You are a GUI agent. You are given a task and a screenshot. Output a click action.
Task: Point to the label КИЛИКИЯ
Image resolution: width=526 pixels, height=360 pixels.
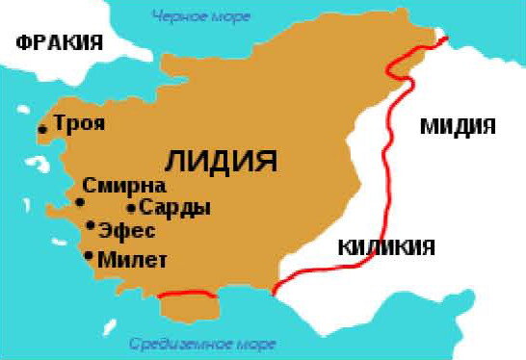coord(385,247)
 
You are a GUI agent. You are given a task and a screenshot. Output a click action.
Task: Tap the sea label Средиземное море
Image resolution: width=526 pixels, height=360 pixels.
coord(202,344)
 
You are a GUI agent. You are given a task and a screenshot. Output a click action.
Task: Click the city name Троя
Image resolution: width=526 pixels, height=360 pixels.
coord(79,124)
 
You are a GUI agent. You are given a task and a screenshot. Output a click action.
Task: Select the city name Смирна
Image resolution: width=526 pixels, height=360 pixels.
coord(124,186)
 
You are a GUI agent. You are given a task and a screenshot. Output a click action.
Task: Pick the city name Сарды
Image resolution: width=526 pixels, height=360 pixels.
coord(174,207)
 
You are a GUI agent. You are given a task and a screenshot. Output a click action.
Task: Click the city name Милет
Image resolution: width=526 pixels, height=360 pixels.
coord(133,259)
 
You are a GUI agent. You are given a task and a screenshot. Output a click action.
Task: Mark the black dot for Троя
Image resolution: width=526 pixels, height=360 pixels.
coord(42,129)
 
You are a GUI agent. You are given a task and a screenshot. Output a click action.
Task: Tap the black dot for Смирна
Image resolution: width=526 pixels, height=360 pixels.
coord(80,202)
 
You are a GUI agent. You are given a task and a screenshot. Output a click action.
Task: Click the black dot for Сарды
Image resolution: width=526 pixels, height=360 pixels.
coord(131,207)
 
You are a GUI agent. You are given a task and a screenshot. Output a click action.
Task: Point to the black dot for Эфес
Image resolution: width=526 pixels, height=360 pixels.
coord(91,226)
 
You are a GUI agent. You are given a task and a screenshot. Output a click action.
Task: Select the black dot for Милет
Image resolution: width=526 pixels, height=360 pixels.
coord(90,256)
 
